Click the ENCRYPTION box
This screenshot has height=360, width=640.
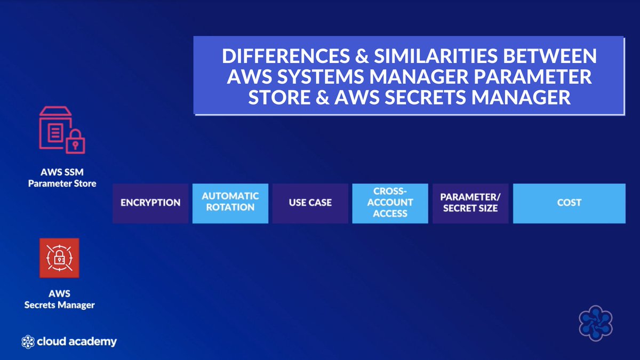pos(150,203)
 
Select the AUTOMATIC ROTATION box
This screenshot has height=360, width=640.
pos(230,203)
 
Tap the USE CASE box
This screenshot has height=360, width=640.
pos(310,203)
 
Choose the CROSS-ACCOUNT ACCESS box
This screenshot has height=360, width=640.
pos(390,203)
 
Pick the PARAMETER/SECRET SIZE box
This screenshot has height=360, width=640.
pos(470,203)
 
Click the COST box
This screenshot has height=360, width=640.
pos(569,203)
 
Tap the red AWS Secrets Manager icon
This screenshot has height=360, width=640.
pos(59,258)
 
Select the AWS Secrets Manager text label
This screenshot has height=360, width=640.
pos(60,300)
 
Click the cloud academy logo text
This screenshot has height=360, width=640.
pos(76,342)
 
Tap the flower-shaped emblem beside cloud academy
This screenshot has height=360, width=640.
pos(28,342)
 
